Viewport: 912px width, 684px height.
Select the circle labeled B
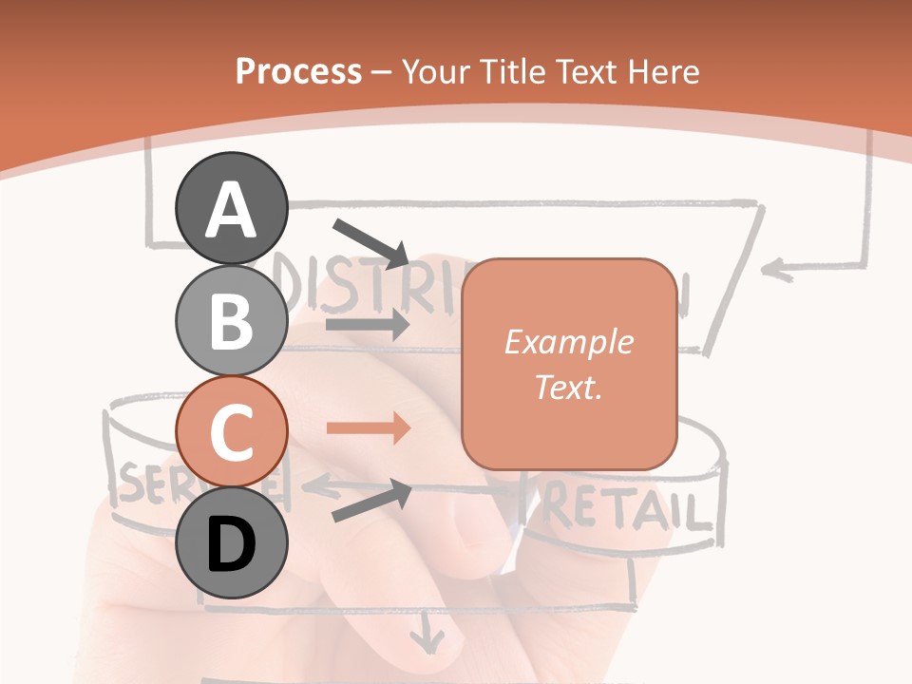point(231,320)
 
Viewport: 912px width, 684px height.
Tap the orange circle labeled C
point(231,431)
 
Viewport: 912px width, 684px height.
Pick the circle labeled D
point(231,542)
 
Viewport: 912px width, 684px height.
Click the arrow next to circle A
point(371,242)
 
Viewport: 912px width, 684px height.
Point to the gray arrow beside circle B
point(368,324)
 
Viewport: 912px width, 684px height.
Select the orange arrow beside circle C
point(368,428)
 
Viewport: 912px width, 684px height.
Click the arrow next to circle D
point(371,501)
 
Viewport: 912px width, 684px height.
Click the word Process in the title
point(298,71)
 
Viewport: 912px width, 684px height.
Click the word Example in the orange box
point(568,342)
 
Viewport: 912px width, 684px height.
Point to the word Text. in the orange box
point(568,387)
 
